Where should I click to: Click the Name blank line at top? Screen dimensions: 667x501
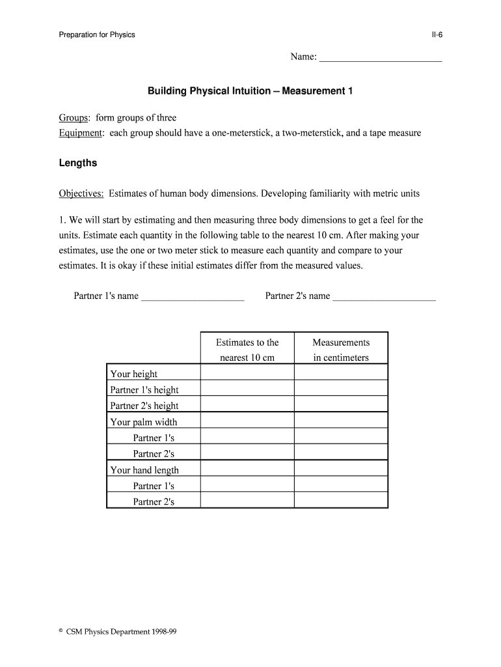[x=381, y=59]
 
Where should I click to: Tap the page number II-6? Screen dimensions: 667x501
[x=436, y=35]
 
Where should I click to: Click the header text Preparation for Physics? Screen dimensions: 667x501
[x=97, y=35]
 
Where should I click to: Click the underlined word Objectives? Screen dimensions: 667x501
[x=82, y=193]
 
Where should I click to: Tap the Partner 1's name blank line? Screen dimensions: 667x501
[x=193, y=297]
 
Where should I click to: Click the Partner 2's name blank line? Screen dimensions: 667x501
[x=384, y=297]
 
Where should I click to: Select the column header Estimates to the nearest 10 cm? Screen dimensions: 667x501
[x=247, y=350]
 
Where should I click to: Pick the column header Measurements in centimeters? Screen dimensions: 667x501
[x=341, y=350]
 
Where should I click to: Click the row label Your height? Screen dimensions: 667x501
[x=134, y=374]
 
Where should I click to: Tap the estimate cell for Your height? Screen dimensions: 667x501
[x=247, y=373]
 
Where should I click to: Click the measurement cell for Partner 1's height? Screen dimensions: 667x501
[x=341, y=388]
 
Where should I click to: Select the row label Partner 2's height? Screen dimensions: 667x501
[x=144, y=406]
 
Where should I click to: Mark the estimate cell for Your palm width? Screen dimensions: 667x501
[x=247, y=421]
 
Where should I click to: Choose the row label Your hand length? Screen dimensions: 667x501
[x=144, y=470]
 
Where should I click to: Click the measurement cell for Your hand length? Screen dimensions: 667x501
[x=341, y=469]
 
